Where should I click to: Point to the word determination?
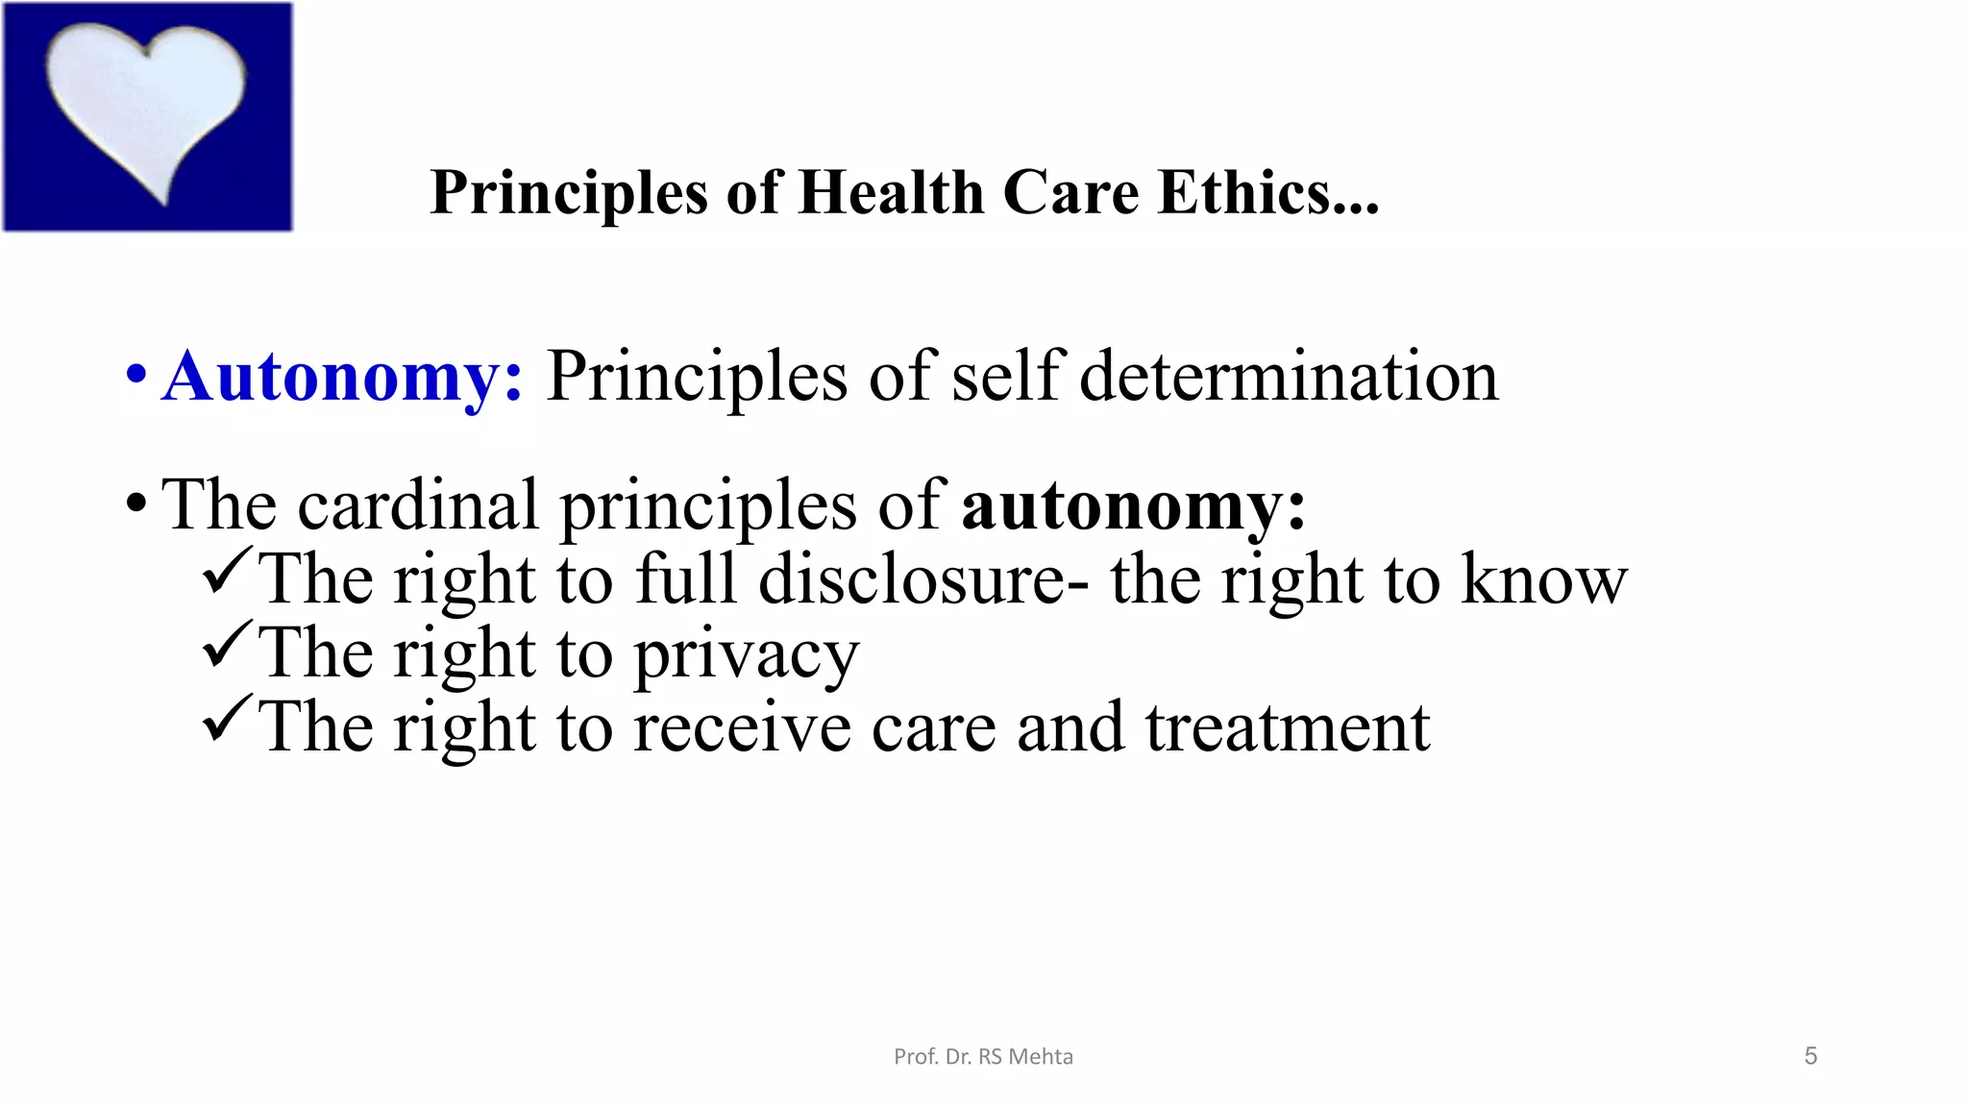click(x=1289, y=377)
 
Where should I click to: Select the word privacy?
click(x=747, y=655)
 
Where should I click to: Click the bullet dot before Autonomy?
click(x=136, y=374)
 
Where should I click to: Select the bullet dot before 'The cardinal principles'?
click(x=136, y=503)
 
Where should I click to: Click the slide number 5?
click(x=1810, y=1056)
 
